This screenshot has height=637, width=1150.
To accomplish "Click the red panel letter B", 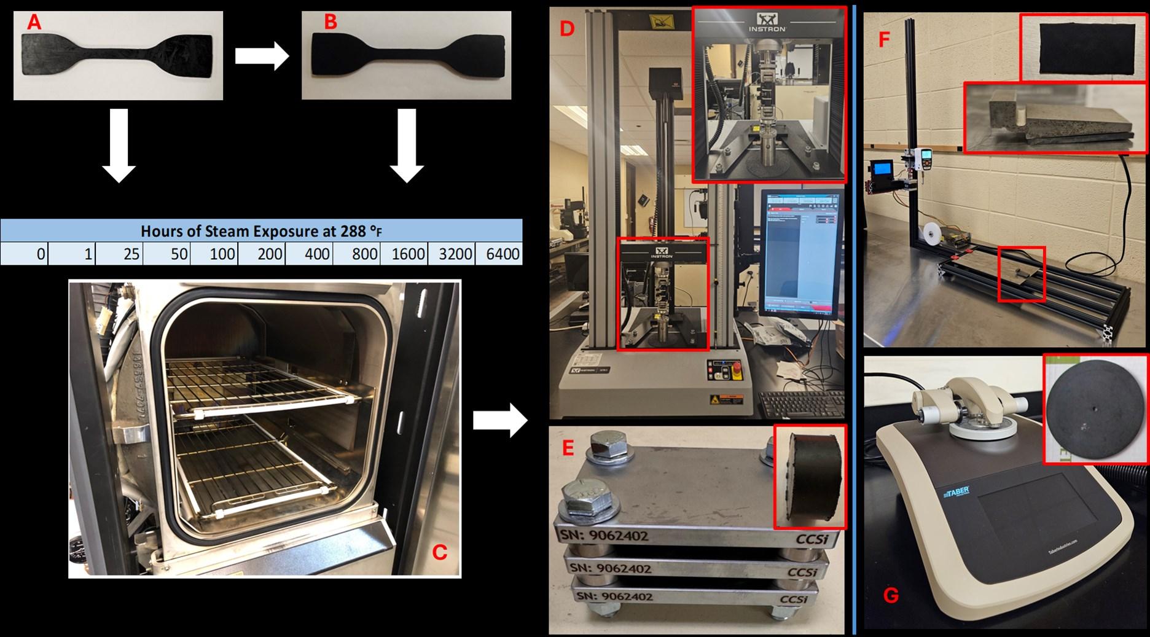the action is point(331,23).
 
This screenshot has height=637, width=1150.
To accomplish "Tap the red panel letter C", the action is point(439,552).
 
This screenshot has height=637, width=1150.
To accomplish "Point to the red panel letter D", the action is point(566,29).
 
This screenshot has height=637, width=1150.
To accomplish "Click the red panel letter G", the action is point(890,595).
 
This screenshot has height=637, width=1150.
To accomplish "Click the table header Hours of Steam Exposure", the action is point(262,232).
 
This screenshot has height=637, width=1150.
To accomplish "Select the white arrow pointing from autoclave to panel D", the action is point(499,420).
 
